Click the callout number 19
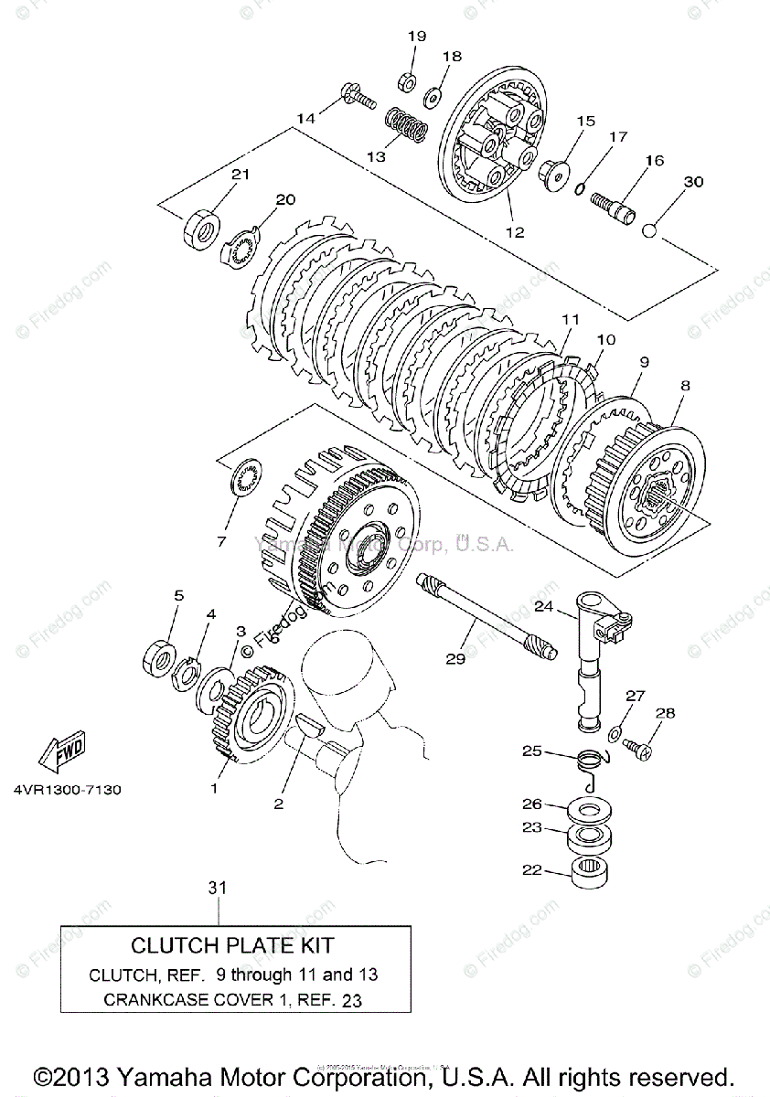tap(417, 36)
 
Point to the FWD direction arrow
tap(61, 752)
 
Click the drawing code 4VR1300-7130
tap(68, 790)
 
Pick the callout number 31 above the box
tap(217, 887)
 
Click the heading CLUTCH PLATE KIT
tap(232, 945)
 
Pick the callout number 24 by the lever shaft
tap(544, 606)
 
